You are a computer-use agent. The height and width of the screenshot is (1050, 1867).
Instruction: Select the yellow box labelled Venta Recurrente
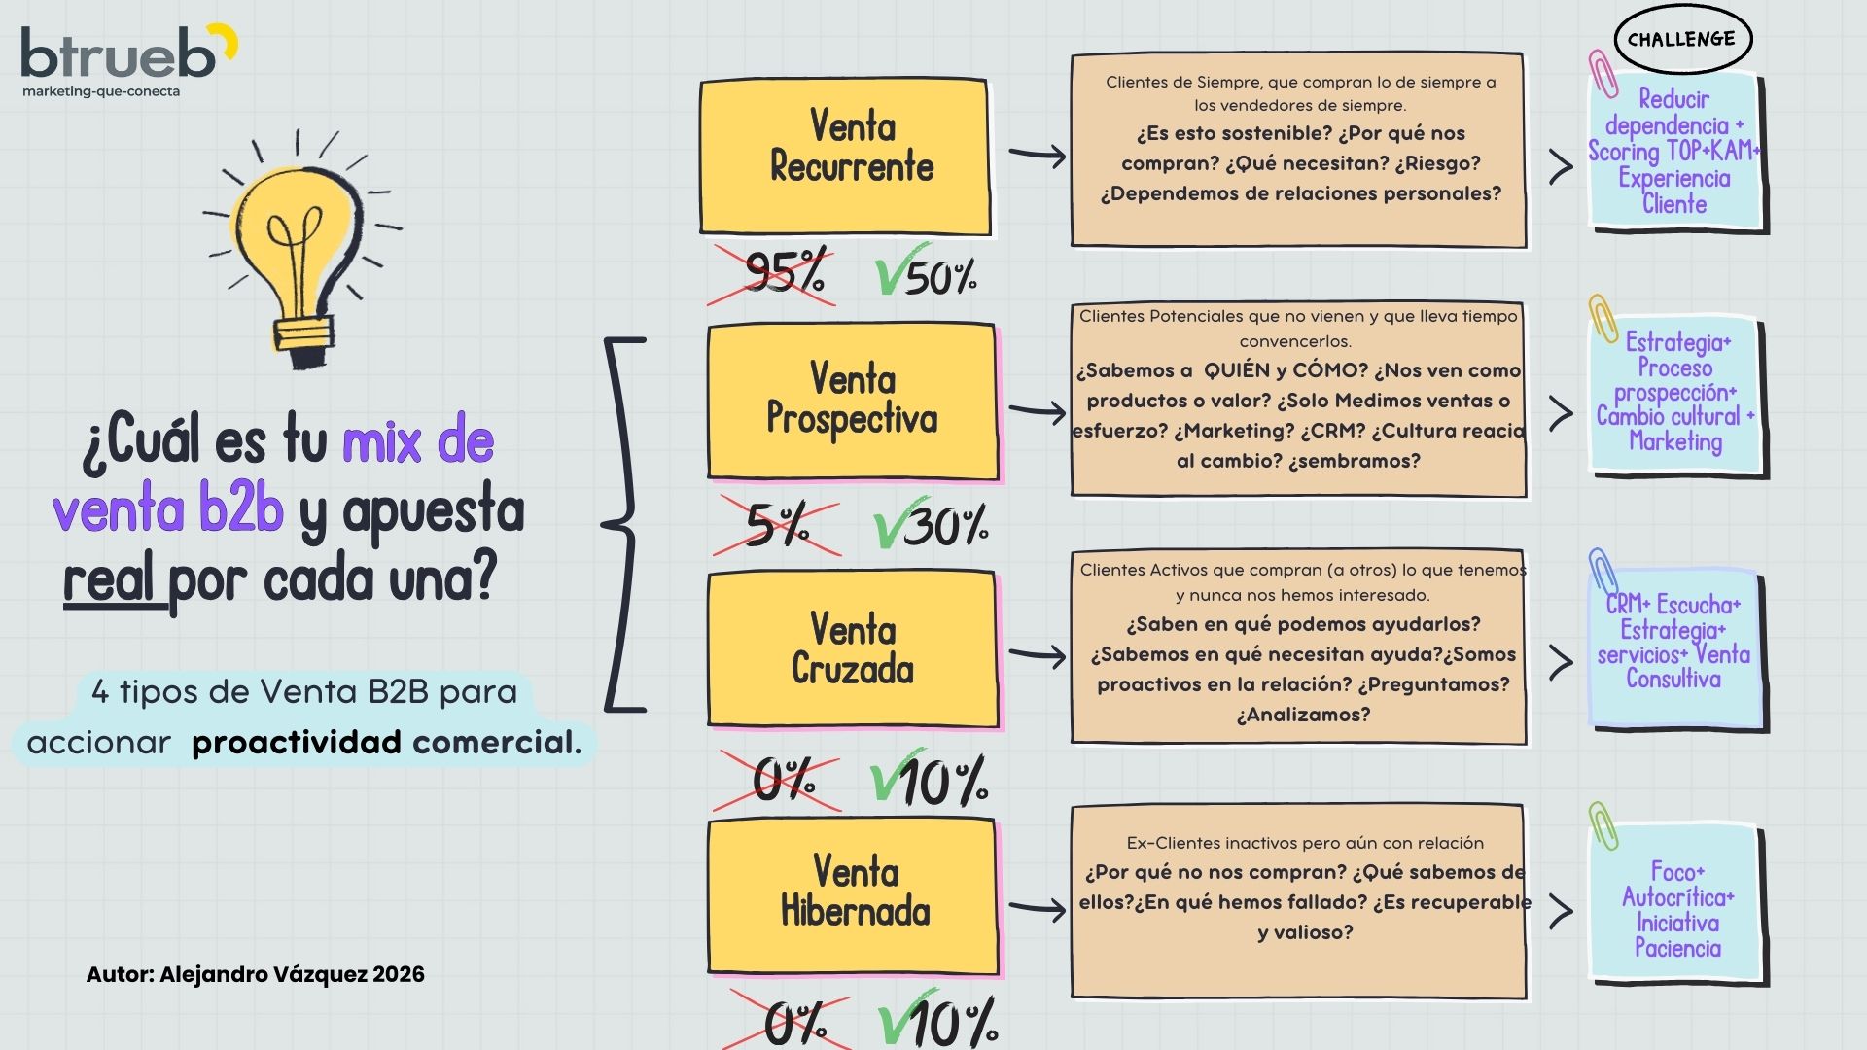pyautogui.click(x=845, y=157)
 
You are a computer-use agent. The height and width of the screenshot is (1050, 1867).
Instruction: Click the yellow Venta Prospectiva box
pyautogui.click(x=852, y=401)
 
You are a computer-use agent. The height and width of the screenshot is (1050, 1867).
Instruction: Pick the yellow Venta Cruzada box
pyautogui.click(x=852, y=648)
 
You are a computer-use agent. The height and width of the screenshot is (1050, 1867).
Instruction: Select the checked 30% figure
pyautogui.click(x=932, y=526)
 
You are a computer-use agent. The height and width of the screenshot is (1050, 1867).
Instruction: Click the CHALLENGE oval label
pyautogui.click(x=1681, y=40)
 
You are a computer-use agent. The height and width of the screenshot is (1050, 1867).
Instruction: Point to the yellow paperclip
pyautogui.click(x=1602, y=318)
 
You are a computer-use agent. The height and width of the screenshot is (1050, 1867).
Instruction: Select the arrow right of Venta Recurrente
pyautogui.click(x=1037, y=156)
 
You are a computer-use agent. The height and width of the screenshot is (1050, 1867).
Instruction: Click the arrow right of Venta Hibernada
pyautogui.click(x=1037, y=909)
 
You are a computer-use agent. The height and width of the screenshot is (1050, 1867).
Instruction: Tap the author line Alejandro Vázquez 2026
pyautogui.click(x=256, y=974)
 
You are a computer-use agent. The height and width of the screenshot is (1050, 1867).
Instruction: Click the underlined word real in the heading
pyautogui.click(x=110, y=580)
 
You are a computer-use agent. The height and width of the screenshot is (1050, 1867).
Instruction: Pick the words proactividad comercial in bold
pyautogui.click(x=386, y=743)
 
